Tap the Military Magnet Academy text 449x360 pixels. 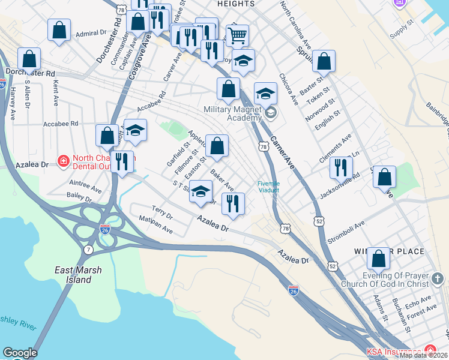click(234, 114)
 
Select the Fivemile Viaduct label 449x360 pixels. click(268, 186)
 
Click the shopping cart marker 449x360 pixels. click(237, 36)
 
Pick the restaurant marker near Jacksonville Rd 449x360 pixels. click(341, 168)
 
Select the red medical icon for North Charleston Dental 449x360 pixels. click(63, 160)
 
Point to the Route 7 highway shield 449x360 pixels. click(89, 249)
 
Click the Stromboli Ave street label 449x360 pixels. click(346, 233)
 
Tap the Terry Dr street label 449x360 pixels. click(162, 212)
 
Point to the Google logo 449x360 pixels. click(20, 353)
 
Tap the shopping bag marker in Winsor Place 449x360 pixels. click(378, 259)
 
